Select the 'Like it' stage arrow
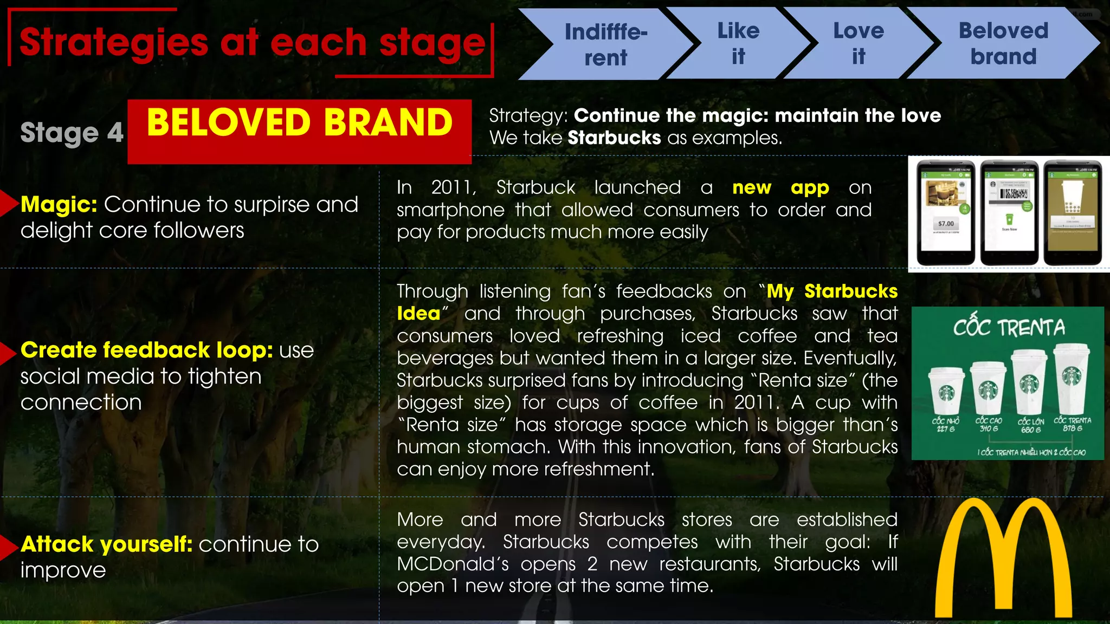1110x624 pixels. tap(738, 43)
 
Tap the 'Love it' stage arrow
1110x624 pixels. tap(858, 43)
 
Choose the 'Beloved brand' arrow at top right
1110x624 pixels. tap(1003, 43)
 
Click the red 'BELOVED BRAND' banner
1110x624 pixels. tap(299, 131)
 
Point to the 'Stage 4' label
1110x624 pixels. tap(72, 133)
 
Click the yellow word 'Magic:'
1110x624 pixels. tap(59, 205)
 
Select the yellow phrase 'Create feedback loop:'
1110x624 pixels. tap(146, 350)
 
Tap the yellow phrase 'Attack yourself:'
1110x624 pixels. tap(106, 544)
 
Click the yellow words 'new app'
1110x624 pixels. tap(780, 187)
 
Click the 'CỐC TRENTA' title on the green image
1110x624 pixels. tap(1009, 328)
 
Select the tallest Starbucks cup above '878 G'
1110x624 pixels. tap(1072, 379)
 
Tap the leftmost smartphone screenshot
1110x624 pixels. tap(945, 212)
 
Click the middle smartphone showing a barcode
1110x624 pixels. tap(1009, 212)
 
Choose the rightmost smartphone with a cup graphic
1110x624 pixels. tap(1073, 212)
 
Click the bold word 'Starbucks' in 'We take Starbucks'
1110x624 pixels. tap(614, 138)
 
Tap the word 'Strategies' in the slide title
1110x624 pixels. tap(114, 43)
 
